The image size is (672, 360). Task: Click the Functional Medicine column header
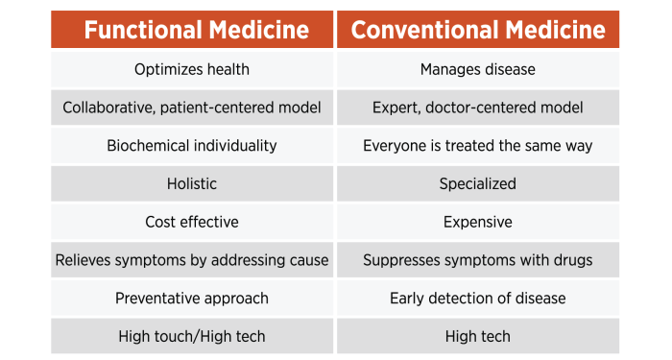(x=192, y=30)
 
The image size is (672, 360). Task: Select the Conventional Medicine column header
(x=478, y=30)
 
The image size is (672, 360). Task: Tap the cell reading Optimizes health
(x=192, y=69)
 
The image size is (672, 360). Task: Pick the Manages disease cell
(x=478, y=69)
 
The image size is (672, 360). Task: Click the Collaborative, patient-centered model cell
(x=192, y=108)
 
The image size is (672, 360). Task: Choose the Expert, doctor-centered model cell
(x=478, y=108)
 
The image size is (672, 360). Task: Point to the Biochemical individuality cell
(x=192, y=146)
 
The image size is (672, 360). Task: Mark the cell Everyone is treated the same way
(x=478, y=146)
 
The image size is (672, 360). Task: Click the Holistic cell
(x=192, y=183)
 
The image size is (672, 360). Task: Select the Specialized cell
(x=478, y=183)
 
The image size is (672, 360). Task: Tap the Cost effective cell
(x=192, y=222)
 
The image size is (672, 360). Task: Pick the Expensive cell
(x=478, y=222)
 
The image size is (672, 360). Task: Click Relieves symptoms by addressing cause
(x=192, y=260)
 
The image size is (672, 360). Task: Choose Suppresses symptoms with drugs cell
(x=478, y=260)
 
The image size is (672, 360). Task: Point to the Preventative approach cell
(x=192, y=299)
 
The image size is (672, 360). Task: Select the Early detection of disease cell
(x=478, y=299)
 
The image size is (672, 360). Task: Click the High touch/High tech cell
(x=192, y=336)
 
